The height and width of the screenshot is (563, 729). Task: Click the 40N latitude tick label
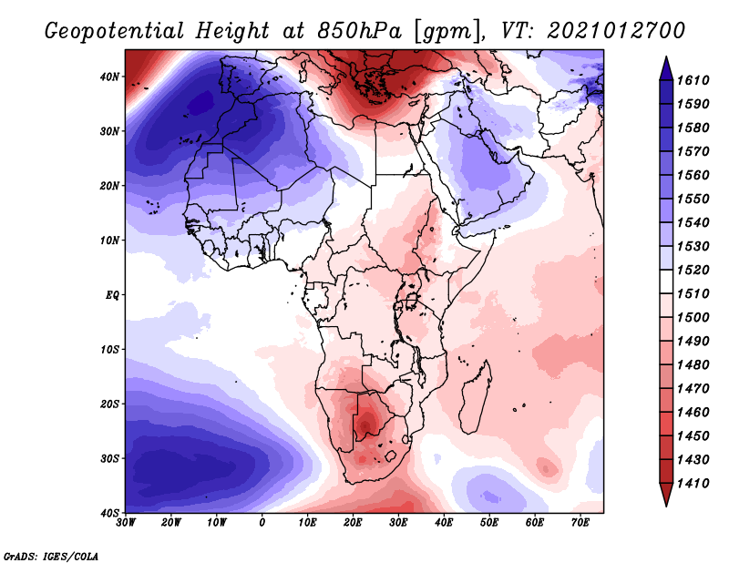[110, 77]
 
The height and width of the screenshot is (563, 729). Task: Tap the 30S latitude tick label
[110, 458]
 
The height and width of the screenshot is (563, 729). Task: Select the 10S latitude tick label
[110, 350]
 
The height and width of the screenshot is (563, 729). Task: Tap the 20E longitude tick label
[353, 522]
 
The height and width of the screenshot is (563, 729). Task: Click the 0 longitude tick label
[262, 522]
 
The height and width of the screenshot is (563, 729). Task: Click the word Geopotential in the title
[117, 30]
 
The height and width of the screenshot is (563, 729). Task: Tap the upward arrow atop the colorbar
[666, 66]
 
